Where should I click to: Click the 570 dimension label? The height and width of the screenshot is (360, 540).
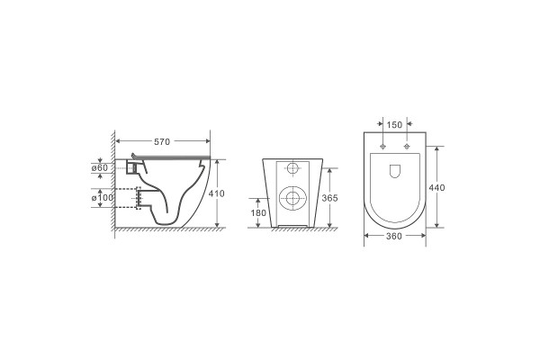pos(162,141)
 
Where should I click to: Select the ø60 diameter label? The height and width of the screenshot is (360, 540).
pos(100,168)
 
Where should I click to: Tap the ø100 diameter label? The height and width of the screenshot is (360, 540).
pos(103,198)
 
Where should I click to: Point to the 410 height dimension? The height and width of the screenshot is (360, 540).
pos(216,193)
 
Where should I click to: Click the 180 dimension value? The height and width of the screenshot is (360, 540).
pos(258,213)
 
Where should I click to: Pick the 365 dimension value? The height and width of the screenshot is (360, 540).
pos(329,198)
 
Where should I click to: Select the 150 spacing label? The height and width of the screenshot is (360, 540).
pos(394,125)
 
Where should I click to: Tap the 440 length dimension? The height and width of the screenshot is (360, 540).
pos(436,188)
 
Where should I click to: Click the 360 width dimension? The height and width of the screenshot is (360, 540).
pos(394,237)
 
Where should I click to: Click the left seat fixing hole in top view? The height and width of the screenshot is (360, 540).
pos(382,147)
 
